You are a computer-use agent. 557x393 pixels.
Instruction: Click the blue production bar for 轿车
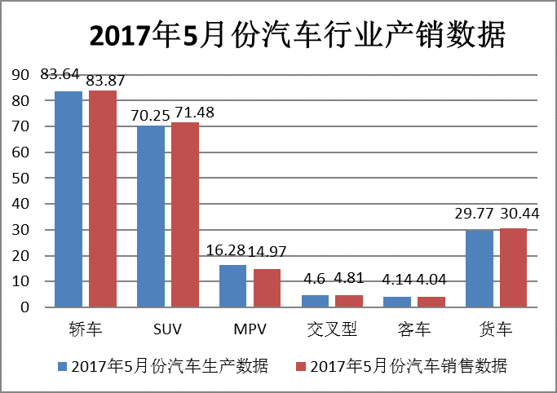pyautogui.click(x=69, y=199)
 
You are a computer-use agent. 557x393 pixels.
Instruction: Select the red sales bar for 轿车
pyautogui.click(x=103, y=199)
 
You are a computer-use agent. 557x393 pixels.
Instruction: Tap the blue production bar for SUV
pyautogui.click(x=151, y=216)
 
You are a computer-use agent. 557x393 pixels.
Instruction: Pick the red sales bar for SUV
pyautogui.click(x=185, y=214)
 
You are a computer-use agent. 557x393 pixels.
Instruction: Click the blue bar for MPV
pyautogui.click(x=233, y=286)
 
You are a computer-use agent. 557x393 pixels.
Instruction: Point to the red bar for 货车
pyautogui.click(x=513, y=268)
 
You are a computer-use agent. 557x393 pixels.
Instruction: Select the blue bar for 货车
pyautogui.click(x=480, y=269)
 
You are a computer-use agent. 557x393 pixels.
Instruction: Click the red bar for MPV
pyautogui.click(x=267, y=288)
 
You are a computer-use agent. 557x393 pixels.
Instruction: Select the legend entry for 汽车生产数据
pyautogui.click(x=164, y=365)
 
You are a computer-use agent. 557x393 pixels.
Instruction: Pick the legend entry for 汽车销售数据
pyautogui.click(x=400, y=365)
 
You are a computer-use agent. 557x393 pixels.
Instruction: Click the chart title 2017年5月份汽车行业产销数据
pyautogui.click(x=297, y=37)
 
